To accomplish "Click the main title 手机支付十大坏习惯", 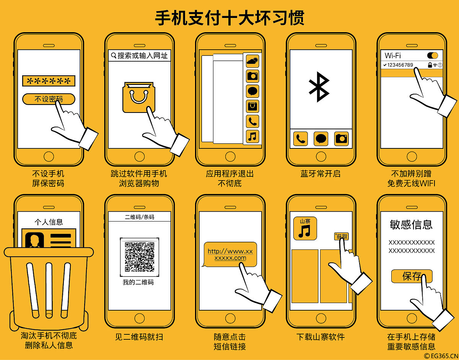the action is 229,18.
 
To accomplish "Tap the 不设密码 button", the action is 49,99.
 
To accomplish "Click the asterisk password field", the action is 49,81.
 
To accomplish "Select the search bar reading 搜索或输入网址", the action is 139,55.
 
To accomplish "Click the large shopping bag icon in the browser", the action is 139,98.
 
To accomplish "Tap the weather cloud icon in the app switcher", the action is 252,61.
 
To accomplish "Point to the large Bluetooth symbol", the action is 319,87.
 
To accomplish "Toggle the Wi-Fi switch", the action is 432,55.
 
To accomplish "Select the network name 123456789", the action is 400,65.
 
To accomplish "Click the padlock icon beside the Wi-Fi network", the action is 430,65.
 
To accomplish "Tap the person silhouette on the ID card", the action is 34,240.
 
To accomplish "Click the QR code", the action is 139,257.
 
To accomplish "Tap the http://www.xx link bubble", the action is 230,254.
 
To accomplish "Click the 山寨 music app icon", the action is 305,228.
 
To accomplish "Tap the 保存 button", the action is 412,276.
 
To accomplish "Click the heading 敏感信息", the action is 411,225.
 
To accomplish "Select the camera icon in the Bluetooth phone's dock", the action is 341,139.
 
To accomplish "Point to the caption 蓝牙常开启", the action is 321,174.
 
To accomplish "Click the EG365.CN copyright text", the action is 441,356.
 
